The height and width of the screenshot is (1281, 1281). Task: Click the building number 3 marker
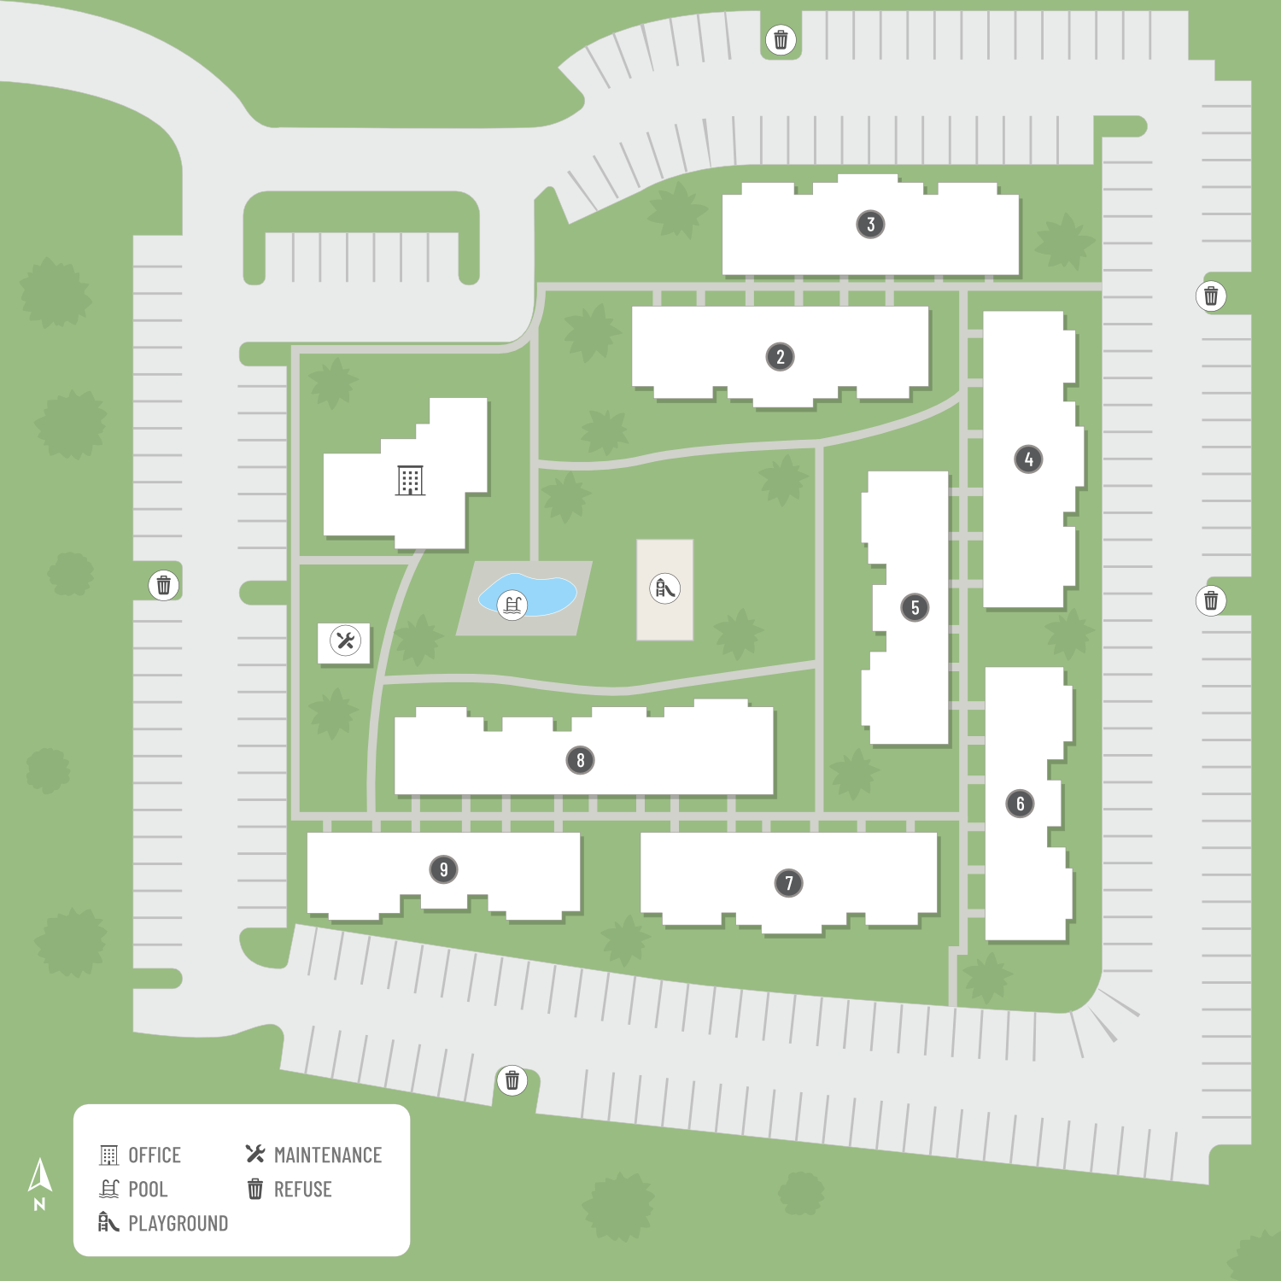870,225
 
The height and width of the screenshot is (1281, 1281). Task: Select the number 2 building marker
780,356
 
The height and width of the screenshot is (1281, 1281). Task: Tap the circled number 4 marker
1028,459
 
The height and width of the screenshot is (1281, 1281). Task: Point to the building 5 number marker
915,607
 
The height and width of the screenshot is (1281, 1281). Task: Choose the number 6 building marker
1020,804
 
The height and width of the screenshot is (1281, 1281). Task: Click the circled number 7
788,882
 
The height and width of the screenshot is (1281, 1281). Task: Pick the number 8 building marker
580,760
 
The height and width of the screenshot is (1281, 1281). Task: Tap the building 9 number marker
443,869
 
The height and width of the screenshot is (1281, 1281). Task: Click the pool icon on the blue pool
512,605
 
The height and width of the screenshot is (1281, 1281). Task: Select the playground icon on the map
664,588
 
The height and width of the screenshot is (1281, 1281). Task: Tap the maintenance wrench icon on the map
345,640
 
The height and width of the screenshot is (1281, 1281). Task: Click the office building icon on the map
410,481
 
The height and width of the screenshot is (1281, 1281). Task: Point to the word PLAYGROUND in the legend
178,1224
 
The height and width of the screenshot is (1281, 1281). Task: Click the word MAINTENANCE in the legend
328,1155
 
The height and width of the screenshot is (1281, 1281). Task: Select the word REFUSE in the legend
302,1190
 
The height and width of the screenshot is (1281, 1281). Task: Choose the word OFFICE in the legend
155,1155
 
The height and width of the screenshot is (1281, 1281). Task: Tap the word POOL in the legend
148,1190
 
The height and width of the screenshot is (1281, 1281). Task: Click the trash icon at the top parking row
781,39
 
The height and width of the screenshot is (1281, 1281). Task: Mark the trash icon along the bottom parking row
512,1080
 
